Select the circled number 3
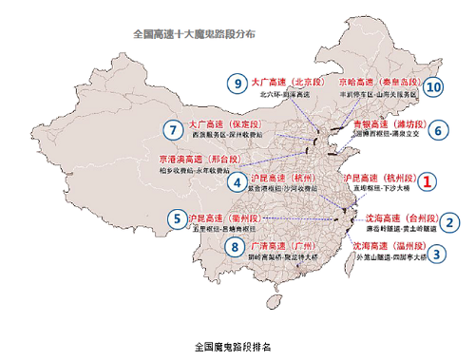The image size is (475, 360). coord(436,254)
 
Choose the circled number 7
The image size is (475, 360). coord(173,130)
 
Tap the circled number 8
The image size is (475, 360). coord(235,248)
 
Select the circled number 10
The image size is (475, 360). coord(434,86)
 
